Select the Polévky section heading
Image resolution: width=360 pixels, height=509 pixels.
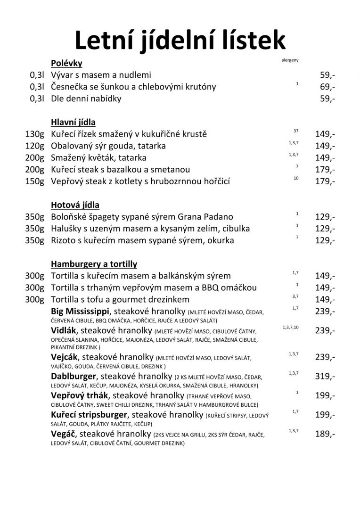67,63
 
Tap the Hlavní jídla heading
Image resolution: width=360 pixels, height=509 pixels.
73,123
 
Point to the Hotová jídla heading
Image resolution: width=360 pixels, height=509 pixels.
75,205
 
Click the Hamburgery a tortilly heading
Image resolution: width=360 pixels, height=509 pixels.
94,264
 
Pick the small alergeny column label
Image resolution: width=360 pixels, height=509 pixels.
290,60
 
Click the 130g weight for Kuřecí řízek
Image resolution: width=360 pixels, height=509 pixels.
34,134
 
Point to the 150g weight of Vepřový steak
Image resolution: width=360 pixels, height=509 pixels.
34,181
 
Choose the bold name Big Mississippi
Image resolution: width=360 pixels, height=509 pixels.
80,311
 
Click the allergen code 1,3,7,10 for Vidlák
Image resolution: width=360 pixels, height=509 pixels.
291,327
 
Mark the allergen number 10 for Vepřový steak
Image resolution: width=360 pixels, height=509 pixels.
296,179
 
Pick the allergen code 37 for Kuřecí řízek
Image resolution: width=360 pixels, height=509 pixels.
296,131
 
